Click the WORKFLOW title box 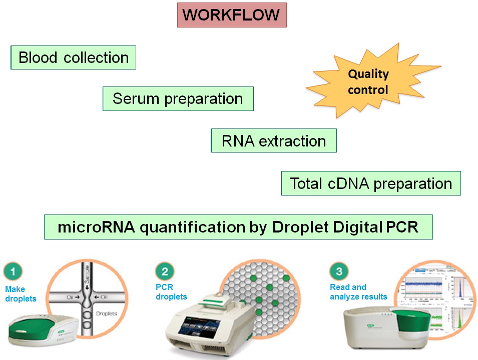click(x=232, y=15)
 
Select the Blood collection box click(x=74, y=57)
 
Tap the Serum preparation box click(x=178, y=98)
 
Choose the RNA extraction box click(x=274, y=141)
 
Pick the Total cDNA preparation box click(x=371, y=183)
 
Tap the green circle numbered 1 click(x=13, y=272)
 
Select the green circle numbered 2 click(x=165, y=272)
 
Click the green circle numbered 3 click(x=339, y=272)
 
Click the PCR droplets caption click(x=171, y=292)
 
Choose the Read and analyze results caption click(x=358, y=292)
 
